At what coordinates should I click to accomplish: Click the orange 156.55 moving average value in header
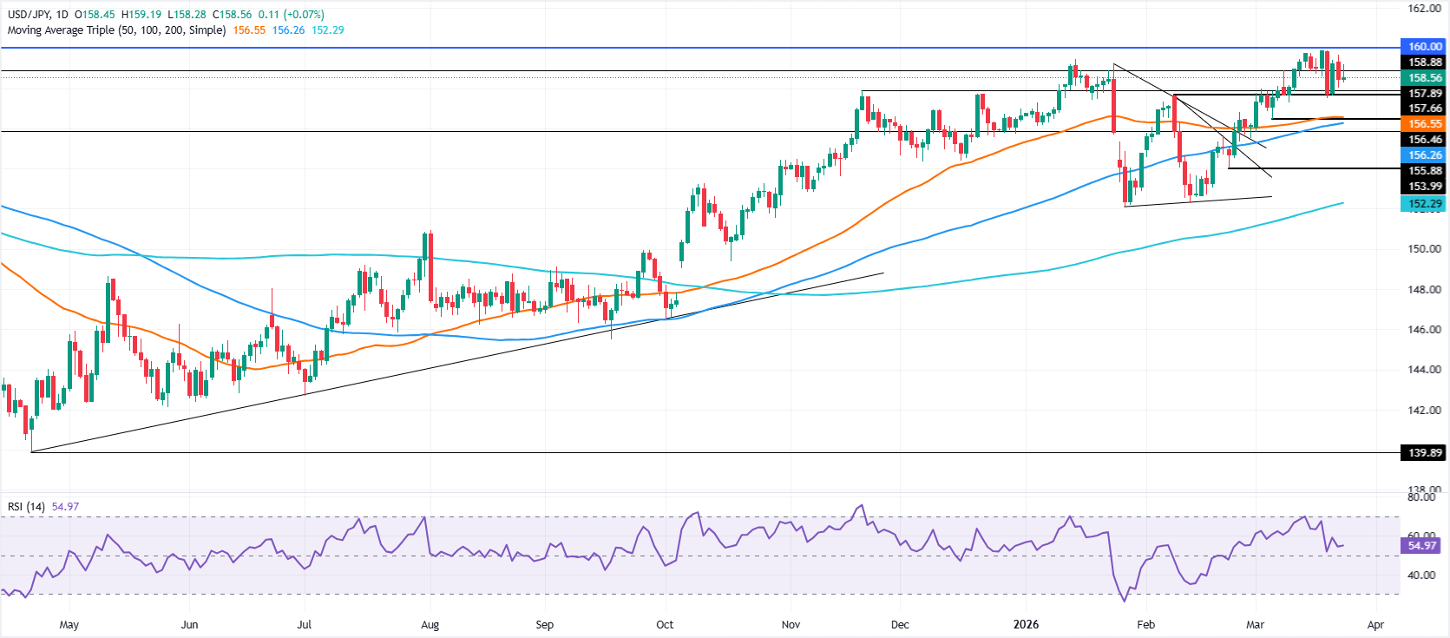[249, 30]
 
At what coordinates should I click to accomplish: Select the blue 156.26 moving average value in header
[288, 30]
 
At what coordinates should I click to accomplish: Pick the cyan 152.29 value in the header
[327, 30]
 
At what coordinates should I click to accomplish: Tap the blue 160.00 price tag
[1424, 47]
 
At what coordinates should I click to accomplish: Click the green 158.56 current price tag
[1424, 78]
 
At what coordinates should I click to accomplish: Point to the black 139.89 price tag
[1424, 452]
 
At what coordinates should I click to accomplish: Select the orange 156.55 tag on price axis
[1424, 124]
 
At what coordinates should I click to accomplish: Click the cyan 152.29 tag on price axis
[1424, 204]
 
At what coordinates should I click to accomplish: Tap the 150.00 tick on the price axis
[1424, 249]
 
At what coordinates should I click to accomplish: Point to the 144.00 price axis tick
[1424, 370]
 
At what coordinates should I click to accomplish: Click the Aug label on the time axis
[430, 625]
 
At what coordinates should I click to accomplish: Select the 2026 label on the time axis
[1027, 625]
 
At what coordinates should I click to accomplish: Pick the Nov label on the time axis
[791, 625]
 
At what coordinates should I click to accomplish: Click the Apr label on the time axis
[1375, 625]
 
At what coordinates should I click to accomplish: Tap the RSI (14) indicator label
[26, 507]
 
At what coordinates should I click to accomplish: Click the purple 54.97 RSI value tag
[1422, 546]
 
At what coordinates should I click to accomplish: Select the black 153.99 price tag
[1424, 187]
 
